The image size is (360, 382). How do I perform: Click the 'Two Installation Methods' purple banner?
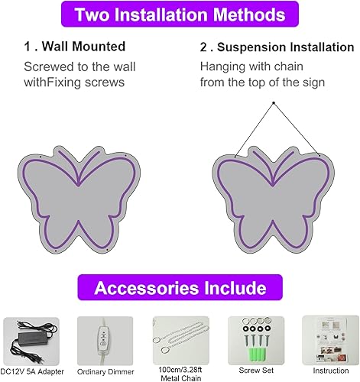[180, 15]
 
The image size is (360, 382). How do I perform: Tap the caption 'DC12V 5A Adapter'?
[31, 371]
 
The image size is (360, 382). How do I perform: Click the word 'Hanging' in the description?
[221, 66]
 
